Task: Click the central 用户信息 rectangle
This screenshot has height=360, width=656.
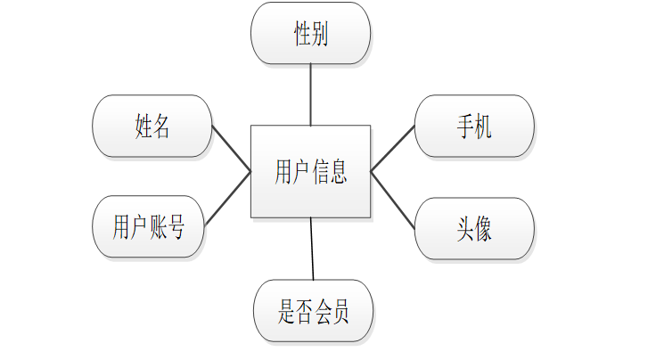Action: [310, 171]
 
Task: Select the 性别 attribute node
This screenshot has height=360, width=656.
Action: [310, 34]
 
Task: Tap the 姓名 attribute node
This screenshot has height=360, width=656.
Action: [152, 126]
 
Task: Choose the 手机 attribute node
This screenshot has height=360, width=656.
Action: [474, 126]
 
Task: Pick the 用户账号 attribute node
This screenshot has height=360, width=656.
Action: [149, 227]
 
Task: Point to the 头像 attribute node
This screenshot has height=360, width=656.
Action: [474, 229]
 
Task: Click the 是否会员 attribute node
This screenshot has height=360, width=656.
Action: [313, 311]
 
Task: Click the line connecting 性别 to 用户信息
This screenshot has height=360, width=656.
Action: [310, 94]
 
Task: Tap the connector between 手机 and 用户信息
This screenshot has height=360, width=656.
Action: [393, 147]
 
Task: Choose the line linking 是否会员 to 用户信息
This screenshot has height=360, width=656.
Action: [312, 249]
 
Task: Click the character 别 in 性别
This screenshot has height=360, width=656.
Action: [320, 34]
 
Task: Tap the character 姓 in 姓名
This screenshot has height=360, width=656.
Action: [143, 126]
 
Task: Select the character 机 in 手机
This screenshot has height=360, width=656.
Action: [484, 126]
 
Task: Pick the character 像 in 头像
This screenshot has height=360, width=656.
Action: [484, 229]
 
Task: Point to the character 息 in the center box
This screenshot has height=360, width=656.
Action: [338, 171]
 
